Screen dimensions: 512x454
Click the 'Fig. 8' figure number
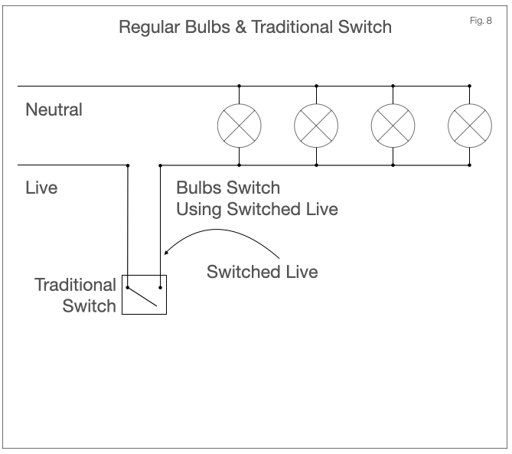point(481,21)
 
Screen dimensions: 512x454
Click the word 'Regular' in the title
point(149,28)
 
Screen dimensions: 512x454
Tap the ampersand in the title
point(240,27)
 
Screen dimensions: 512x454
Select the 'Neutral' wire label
point(54,109)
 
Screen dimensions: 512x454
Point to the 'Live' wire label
point(41,188)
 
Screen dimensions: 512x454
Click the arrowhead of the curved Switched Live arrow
point(166,252)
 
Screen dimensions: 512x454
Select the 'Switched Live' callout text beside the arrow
point(263,272)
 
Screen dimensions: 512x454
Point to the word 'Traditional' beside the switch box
point(76,285)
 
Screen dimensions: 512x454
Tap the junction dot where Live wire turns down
point(128,165)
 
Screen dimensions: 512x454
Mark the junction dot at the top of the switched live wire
point(160,165)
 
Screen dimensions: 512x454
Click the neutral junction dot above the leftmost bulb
point(240,86)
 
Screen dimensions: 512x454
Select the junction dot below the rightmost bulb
point(470,165)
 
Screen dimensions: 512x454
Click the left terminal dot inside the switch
point(128,287)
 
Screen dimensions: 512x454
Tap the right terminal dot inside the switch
point(160,288)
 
